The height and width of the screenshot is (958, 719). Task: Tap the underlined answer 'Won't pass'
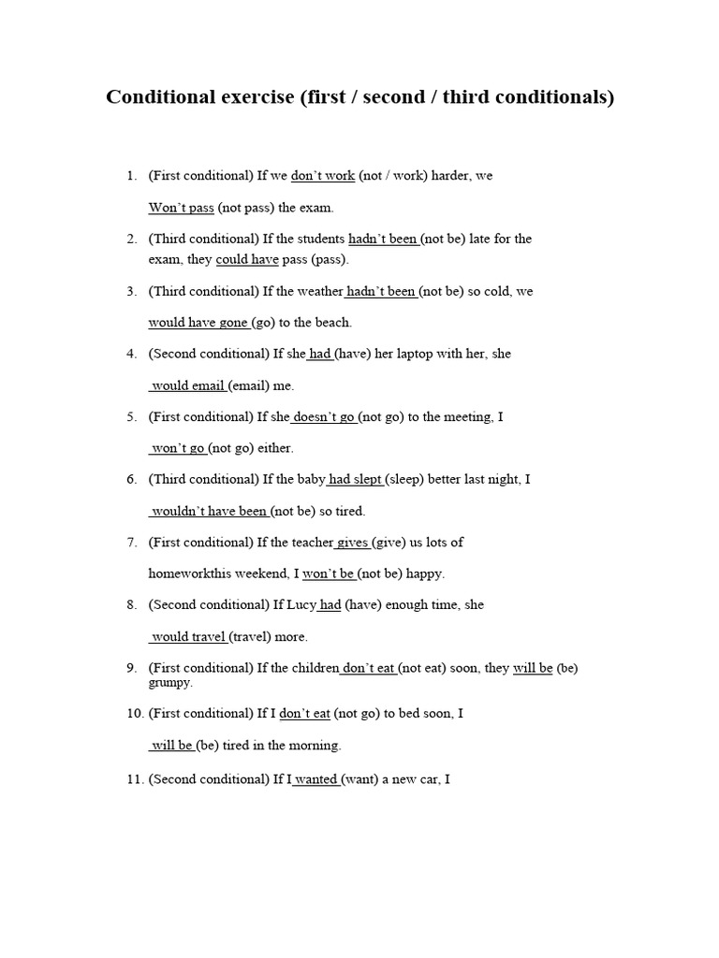pyautogui.click(x=182, y=208)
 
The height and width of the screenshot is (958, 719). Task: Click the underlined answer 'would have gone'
pyautogui.click(x=198, y=323)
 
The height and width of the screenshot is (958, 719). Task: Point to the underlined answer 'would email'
pyautogui.click(x=188, y=385)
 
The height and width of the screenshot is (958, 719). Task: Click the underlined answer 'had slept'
pyautogui.click(x=355, y=480)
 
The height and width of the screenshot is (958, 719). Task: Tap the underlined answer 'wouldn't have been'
pyautogui.click(x=209, y=512)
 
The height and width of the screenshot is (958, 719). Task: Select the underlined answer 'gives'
pyautogui.click(x=352, y=543)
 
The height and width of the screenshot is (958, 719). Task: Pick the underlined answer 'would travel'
pyautogui.click(x=188, y=637)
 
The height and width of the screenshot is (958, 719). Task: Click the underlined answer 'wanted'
pyautogui.click(x=315, y=778)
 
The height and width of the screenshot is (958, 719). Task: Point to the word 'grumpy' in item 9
pyautogui.click(x=170, y=683)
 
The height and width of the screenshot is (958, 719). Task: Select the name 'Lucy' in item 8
pyautogui.click(x=301, y=605)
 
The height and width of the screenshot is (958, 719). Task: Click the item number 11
pyautogui.click(x=132, y=778)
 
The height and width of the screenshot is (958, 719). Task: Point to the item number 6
pyautogui.click(x=132, y=480)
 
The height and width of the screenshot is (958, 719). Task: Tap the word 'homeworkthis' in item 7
pyautogui.click(x=189, y=574)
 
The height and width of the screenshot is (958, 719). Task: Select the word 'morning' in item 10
pyautogui.click(x=315, y=747)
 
